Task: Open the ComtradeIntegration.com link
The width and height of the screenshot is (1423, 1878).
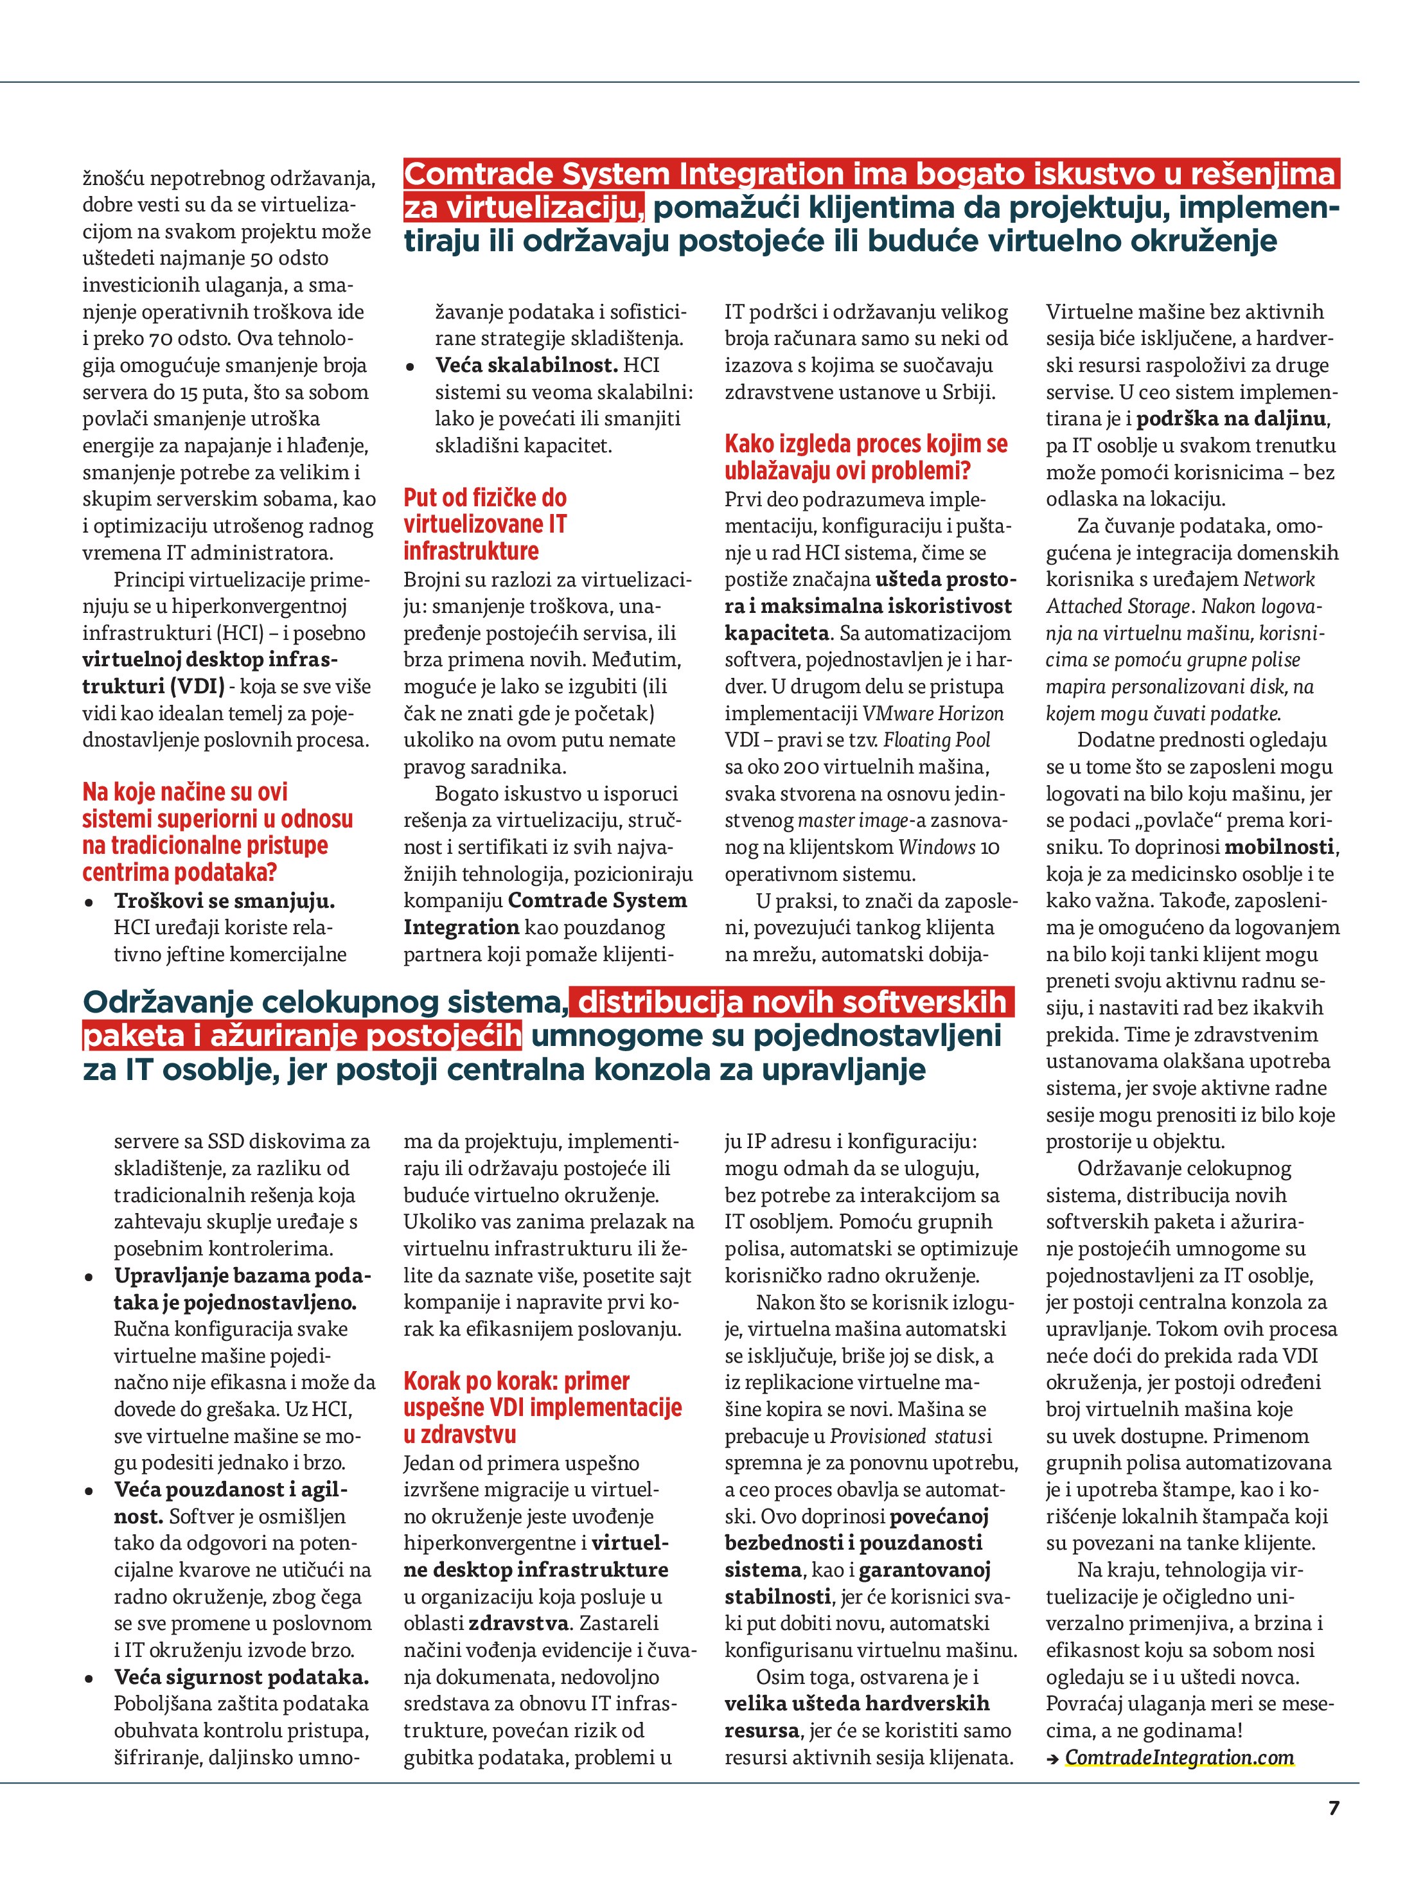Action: pos(1180,1757)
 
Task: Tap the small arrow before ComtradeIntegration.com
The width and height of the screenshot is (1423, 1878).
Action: pos(1053,1759)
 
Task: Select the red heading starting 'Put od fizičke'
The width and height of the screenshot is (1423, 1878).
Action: pos(485,524)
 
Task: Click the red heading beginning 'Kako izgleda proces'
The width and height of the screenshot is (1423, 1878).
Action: pos(866,457)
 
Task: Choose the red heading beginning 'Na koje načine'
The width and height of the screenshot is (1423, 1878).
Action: pos(217,832)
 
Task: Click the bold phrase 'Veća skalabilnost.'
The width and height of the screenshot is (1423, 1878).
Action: pos(526,365)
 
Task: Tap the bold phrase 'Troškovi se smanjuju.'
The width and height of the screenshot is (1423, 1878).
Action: pos(225,901)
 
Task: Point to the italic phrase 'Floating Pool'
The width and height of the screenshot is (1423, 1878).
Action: pos(937,740)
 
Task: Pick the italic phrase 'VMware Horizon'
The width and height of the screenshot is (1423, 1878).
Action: pos(933,713)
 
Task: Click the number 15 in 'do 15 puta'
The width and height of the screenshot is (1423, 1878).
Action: pos(190,392)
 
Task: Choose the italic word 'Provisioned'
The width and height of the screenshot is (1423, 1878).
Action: pos(878,1437)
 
